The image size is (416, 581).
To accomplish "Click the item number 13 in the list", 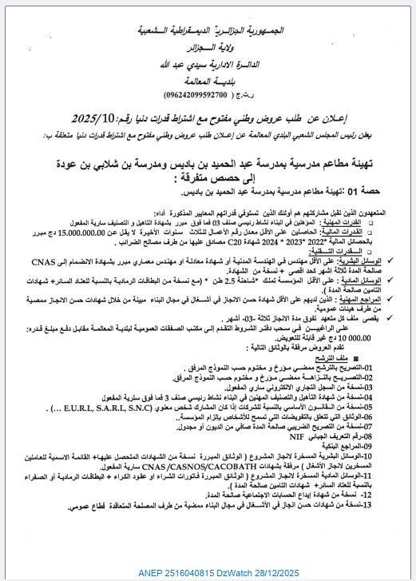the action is pos(383,505).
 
